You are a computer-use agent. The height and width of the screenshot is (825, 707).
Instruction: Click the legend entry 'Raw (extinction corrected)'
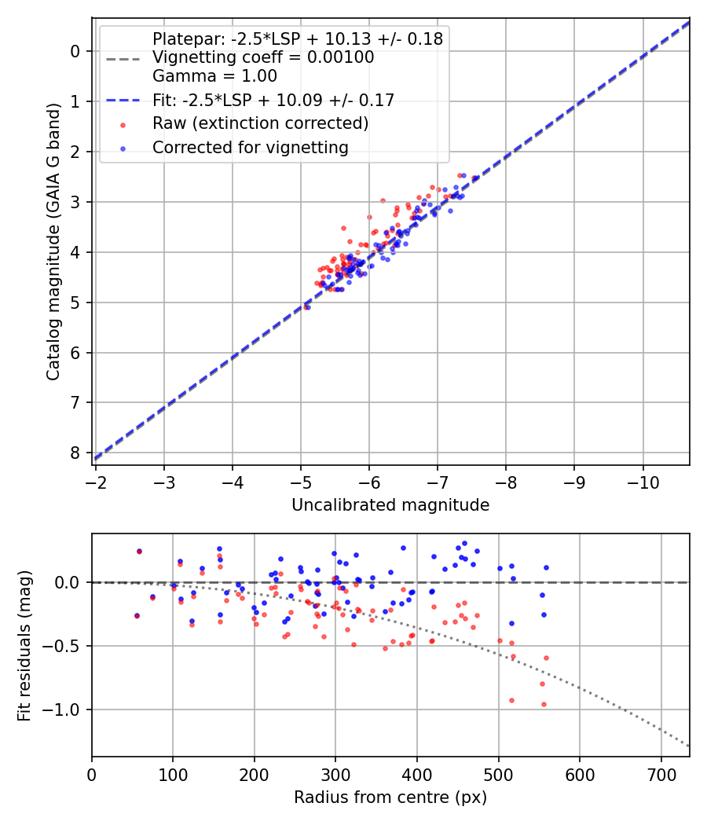[x=260, y=123]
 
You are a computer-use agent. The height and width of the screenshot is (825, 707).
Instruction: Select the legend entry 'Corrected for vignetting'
[x=250, y=147]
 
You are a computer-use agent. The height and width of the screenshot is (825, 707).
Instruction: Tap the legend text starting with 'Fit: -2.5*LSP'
[x=273, y=100]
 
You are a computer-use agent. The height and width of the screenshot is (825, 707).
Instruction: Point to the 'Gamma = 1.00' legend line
[x=214, y=76]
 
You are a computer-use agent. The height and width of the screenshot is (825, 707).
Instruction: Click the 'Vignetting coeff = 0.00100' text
[x=263, y=57]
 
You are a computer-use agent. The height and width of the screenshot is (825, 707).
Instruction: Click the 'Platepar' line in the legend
[x=297, y=38]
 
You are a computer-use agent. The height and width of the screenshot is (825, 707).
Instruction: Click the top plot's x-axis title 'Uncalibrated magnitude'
[x=390, y=505]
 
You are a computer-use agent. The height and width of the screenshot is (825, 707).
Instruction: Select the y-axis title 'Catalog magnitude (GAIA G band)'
[x=53, y=240]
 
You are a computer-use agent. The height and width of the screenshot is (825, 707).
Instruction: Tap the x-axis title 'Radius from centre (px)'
[x=390, y=797]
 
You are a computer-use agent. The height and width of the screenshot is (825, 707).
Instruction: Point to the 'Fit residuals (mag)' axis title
[x=24, y=645]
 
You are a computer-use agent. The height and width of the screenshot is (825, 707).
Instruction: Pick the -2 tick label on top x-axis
[x=96, y=480]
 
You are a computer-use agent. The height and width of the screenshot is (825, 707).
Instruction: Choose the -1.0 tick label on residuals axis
[x=63, y=709]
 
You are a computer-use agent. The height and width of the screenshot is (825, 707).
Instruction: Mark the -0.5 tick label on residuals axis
[x=63, y=646]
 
